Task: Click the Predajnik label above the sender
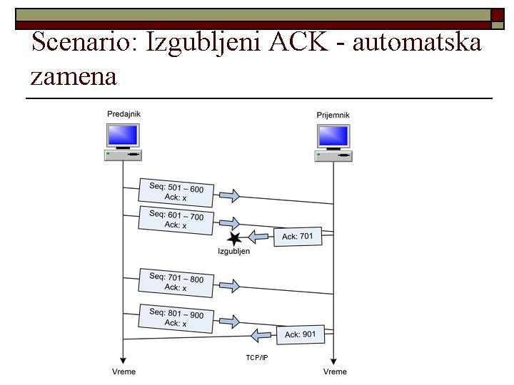[124, 114]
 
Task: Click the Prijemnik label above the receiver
[333, 115]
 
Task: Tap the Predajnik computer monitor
[123, 135]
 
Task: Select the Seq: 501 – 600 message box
[176, 192]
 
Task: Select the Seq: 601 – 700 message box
[176, 220]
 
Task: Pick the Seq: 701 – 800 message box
[176, 282]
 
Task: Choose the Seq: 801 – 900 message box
[176, 318]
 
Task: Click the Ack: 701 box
[298, 236]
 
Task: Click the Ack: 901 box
[301, 334]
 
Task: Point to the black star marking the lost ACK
[232, 239]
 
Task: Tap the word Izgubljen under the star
[234, 252]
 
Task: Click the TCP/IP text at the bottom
[257, 357]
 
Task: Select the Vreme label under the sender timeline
[124, 371]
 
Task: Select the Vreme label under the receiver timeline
[335, 371]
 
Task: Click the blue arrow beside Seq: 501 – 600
[229, 196]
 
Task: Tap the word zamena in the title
[74, 76]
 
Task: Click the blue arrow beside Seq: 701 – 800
[229, 286]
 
